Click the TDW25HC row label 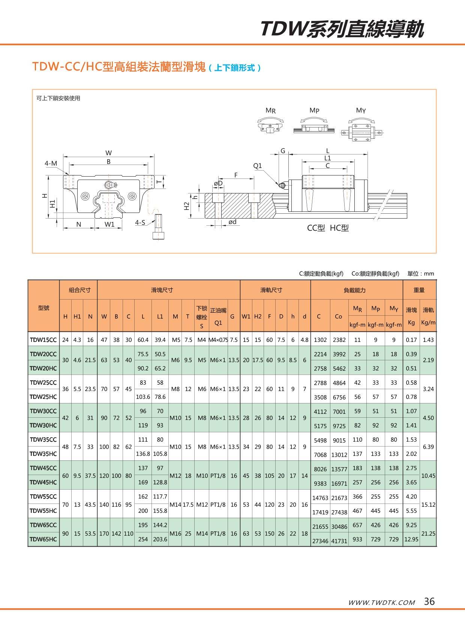pos(43,397)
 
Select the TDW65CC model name pos(43,525)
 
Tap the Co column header pos(338,316)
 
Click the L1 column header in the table pos(160,316)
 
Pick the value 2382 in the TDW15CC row pos(339,340)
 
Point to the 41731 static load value pos(339,541)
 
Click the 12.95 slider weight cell pos(411,539)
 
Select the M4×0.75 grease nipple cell pos(218,340)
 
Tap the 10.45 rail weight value pos(428,475)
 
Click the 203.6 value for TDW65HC pos(160,539)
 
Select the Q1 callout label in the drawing pos(258,166)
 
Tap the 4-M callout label pos(51,163)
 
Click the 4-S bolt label pos(140,223)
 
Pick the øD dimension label pos(218,183)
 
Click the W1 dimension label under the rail pos(109,224)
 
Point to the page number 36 pos(429,601)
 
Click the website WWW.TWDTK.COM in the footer pos(381,603)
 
